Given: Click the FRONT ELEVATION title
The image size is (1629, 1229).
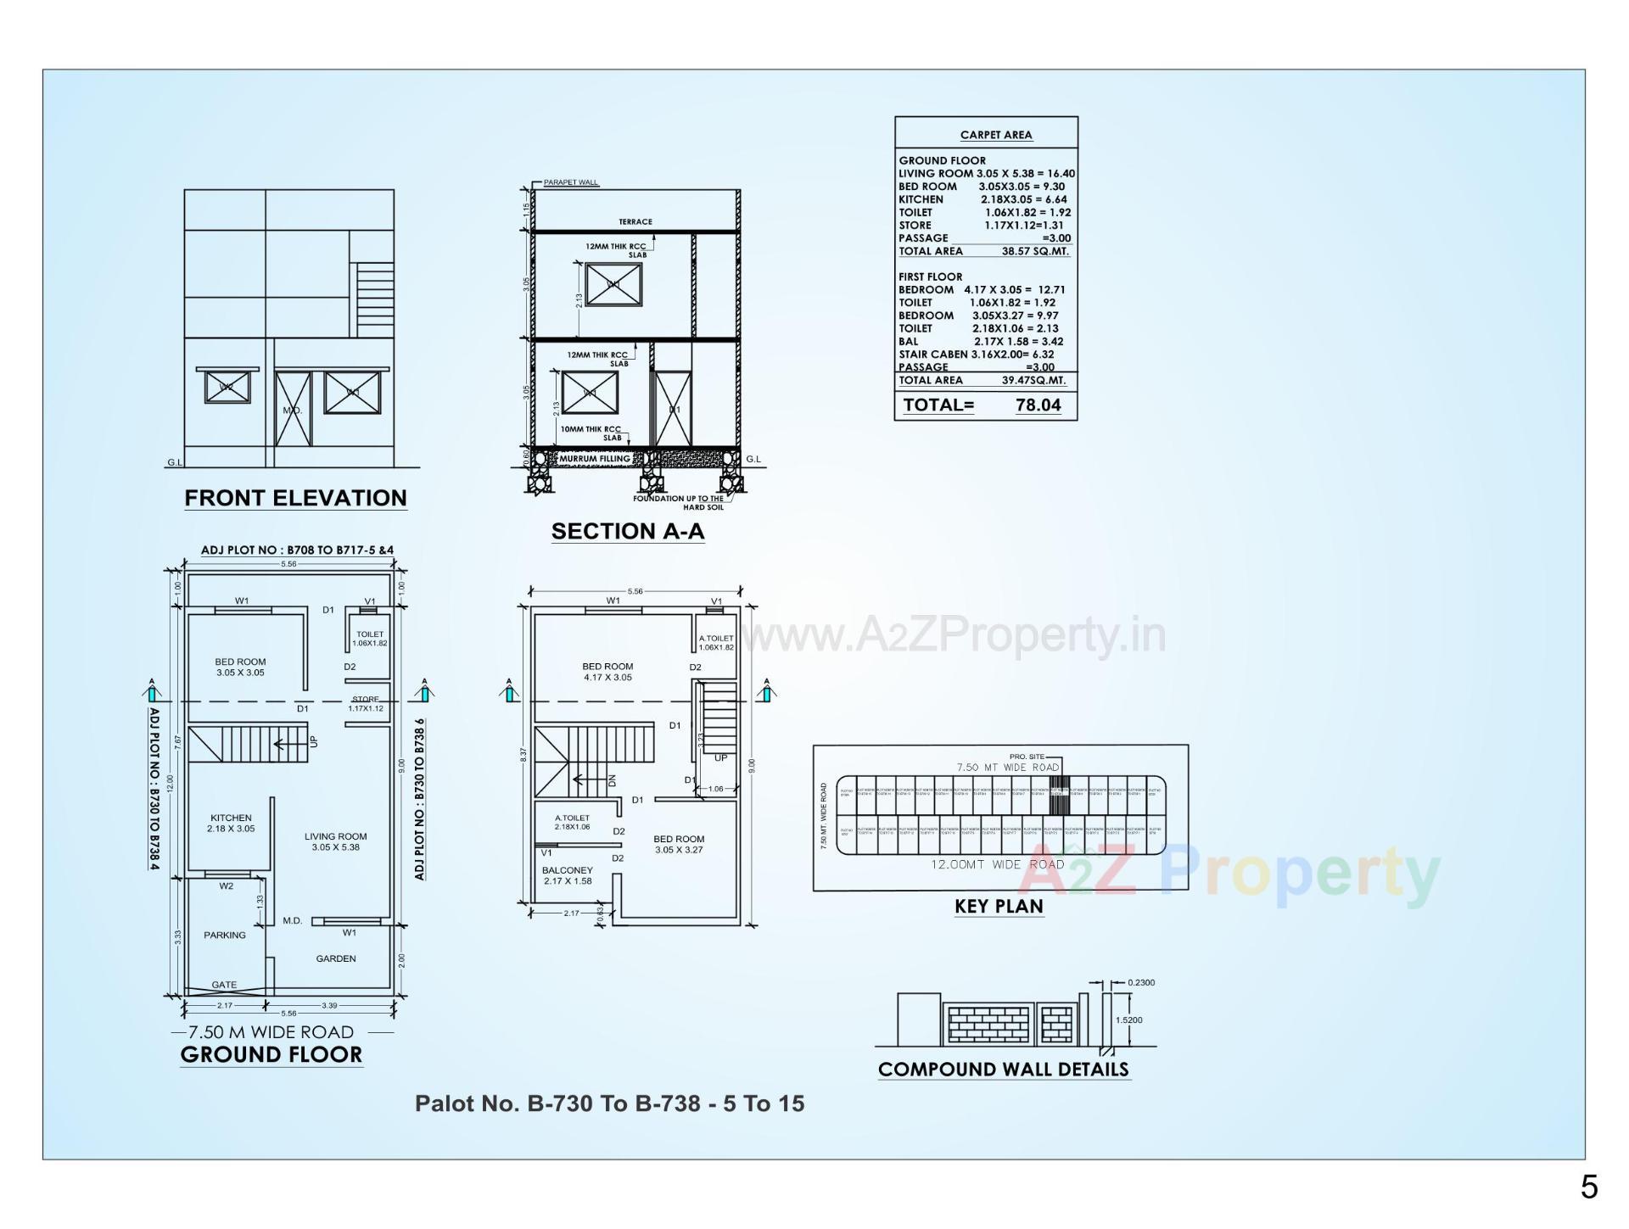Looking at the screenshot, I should coord(295,498).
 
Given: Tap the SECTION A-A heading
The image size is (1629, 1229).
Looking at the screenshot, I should coord(628,531).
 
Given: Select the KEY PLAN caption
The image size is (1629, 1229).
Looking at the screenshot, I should coord(999,906).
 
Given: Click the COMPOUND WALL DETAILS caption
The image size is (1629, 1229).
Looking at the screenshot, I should coord(1004,1069).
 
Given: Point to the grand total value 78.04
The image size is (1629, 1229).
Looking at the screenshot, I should coord(1038,405).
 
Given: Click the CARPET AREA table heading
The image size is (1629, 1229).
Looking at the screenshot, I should coord(996,135).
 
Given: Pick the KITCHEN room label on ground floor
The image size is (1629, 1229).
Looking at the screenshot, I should coord(231,818).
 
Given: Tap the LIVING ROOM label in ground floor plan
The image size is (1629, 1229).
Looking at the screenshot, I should coord(336,836).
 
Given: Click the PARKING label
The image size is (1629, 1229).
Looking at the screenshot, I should coord(225,935).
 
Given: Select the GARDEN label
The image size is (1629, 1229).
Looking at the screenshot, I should coord(336,958).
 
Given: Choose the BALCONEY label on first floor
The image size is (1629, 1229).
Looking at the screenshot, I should coord(568,870).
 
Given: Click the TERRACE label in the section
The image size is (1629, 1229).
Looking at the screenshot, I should coord(635,221).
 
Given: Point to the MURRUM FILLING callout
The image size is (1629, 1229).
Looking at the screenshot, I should coord(595,459).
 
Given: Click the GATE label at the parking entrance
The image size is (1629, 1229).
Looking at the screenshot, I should coord(224,985).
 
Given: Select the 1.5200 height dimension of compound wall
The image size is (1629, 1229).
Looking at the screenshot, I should coord(1129,1020).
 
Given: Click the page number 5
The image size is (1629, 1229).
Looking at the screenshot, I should coord(1589,1187).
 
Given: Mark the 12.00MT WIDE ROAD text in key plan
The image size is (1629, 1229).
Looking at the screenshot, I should coord(998,864).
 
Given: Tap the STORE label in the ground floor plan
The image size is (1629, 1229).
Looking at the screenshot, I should coord(366,700).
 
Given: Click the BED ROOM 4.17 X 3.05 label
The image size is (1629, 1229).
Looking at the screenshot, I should coord(607,672).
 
